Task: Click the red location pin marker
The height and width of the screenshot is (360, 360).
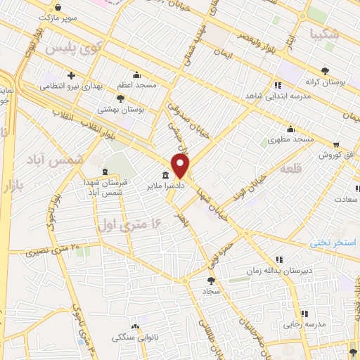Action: coord(181,165)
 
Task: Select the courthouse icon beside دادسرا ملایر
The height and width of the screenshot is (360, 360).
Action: coord(165,174)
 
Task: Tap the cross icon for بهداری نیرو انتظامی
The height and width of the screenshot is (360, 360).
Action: coord(71,75)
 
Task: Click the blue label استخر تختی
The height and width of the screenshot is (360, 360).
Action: coord(335,242)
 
